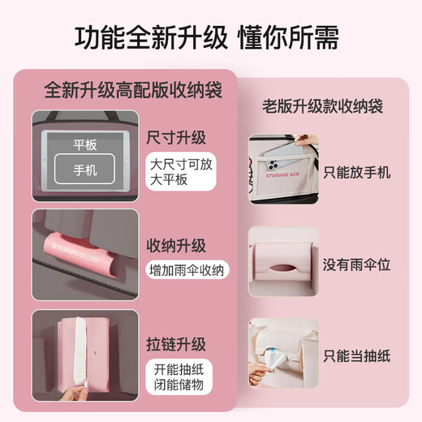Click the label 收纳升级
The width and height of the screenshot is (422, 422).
click(x=176, y=246)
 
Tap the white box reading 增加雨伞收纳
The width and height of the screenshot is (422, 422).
click(x=187, y=270)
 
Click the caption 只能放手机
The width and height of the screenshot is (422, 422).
click(x=357, y=172)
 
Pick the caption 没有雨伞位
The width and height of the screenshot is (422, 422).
click(x=357, y=264)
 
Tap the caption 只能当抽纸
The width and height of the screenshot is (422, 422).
click(x=357, y=356)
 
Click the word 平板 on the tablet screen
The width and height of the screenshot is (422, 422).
click(x=84, y=146)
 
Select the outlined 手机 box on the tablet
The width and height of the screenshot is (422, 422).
click(x=84, y=170)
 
